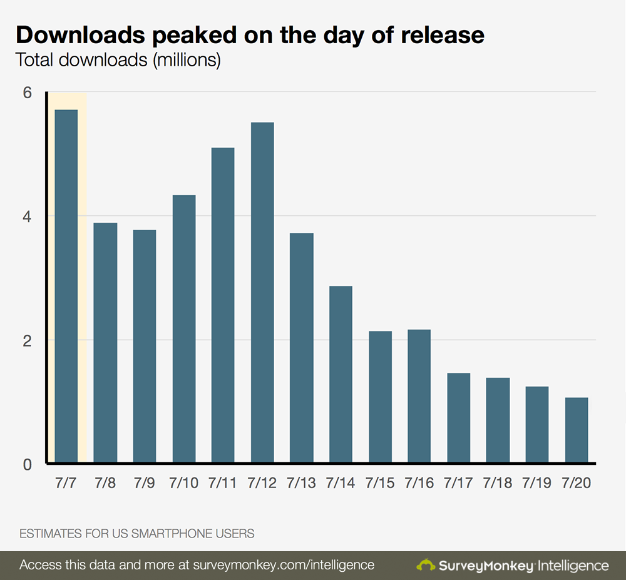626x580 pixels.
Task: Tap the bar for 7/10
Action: point(184,329)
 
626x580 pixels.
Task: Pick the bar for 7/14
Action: point(341,375)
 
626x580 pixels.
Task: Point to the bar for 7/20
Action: point(577,430)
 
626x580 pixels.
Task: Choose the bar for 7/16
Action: point(419,397)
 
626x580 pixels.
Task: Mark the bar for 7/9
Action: point(145,347)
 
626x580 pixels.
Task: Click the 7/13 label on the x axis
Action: point(302,484)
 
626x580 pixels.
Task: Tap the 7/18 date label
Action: point(498,484)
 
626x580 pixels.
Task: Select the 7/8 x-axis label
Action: point(105,484)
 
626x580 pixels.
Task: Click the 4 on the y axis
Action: point(27,216)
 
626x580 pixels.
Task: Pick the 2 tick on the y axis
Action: point(27,340)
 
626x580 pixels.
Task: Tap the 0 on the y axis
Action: point(27,464)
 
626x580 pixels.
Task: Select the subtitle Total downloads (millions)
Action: point(118,61)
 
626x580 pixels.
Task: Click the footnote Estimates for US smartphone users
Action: point(136,534)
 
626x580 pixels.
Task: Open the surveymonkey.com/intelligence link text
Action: point(285,565)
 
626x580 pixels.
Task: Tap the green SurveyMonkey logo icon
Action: point(426,565)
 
